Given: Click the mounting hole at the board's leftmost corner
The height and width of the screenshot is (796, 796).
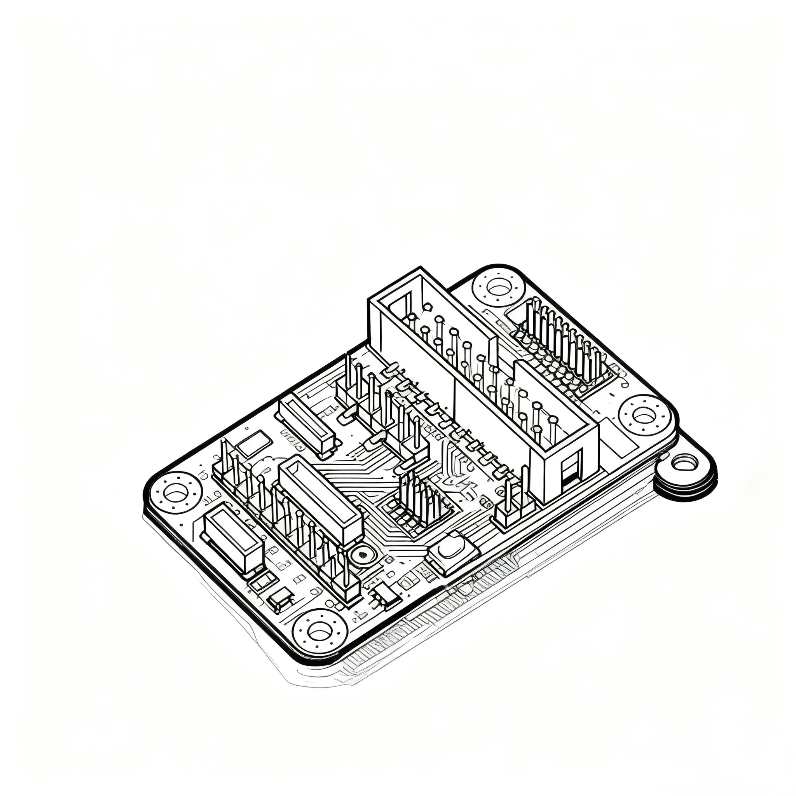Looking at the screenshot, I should [176, 493].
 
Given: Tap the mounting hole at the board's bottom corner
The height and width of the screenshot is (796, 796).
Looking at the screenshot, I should [320, 642].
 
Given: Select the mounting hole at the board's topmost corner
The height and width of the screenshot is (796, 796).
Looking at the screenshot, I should [499, 286].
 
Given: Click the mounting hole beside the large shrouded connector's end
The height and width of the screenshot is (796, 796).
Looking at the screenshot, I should [644, 415].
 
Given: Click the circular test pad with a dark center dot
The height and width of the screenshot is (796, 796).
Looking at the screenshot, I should [363, 555].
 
